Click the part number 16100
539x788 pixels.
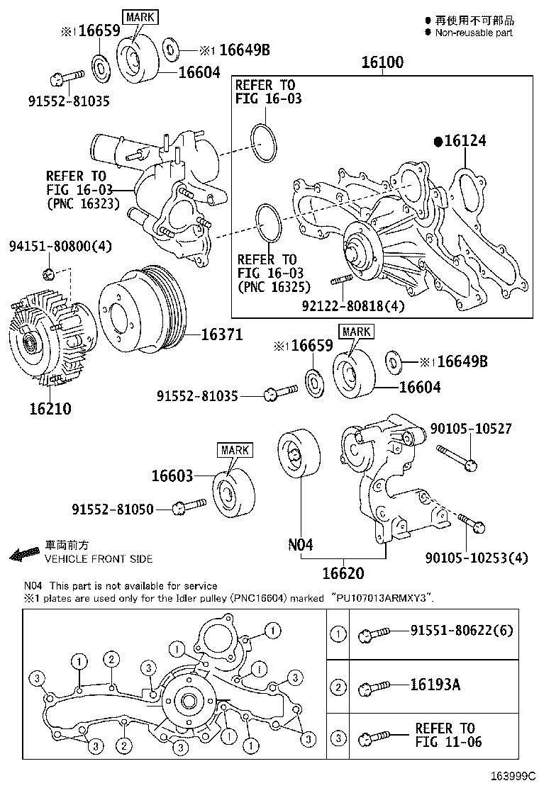click(x=382, y=62)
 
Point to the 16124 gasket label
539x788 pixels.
click(x=465, y=141)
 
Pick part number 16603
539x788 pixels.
click(x=172, y=476)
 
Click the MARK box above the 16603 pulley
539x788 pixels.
click(x=235, y=450)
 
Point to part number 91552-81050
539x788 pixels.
click(x=112, y=509)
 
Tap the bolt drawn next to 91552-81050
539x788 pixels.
click(x=189, y=506)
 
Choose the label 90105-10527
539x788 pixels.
click(x=471, y=429)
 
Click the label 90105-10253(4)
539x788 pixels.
click(x=479, y=558)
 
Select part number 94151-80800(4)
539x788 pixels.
click(x=60, y=246)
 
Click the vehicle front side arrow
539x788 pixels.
click(x=25, y=553)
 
